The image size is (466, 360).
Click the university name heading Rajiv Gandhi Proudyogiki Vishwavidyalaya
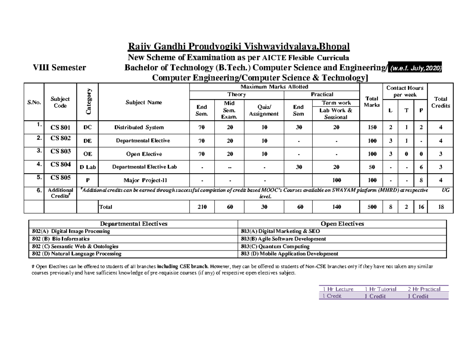[239, 47]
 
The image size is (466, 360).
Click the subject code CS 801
[60, 127]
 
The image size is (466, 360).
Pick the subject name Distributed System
[139, 127]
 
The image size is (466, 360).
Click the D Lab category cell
[88, 167]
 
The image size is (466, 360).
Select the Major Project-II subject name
[142, 181]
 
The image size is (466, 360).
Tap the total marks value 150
[372, 127]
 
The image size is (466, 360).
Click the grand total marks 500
[372, 207]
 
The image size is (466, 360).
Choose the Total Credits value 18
[440, 207]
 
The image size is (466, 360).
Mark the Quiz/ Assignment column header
[264, 110]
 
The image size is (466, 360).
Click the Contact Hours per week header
[404, 91]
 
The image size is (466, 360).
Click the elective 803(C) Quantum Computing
[275, 246]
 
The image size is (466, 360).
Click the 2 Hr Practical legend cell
[424, 289]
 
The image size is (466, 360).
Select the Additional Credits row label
[60, 193]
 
